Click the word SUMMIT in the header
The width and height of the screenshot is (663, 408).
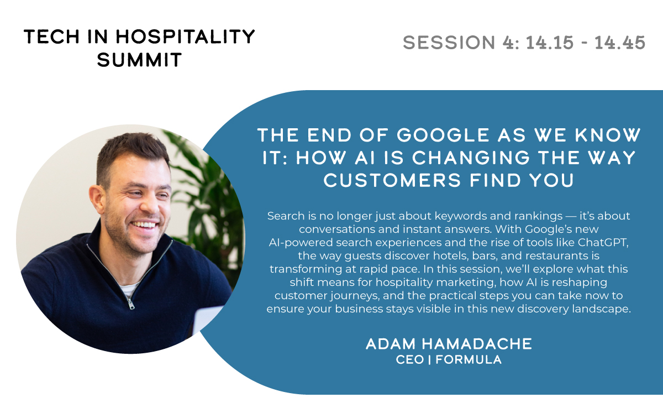pos(139,60)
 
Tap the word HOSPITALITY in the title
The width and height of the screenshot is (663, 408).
pos(185,36)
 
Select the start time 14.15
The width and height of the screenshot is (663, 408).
pos(550,43)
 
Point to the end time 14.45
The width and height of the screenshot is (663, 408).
pos(620,43)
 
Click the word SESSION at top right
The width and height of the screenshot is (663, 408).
pos(449,43)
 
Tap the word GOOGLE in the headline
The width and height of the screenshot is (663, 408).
pos(443,135)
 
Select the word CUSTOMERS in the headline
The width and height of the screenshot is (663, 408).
pos(392,180)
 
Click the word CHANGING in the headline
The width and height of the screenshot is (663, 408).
pos(471,157)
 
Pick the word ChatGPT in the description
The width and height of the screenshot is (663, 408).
pos(602,243)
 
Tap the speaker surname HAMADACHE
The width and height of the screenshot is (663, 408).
pos(476,344)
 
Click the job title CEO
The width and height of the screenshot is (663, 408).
pos(410,360)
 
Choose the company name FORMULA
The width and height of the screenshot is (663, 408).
pos(469,360)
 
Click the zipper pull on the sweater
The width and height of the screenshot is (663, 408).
pos(130,304)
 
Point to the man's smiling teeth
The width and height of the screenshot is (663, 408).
pos(144,225)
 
